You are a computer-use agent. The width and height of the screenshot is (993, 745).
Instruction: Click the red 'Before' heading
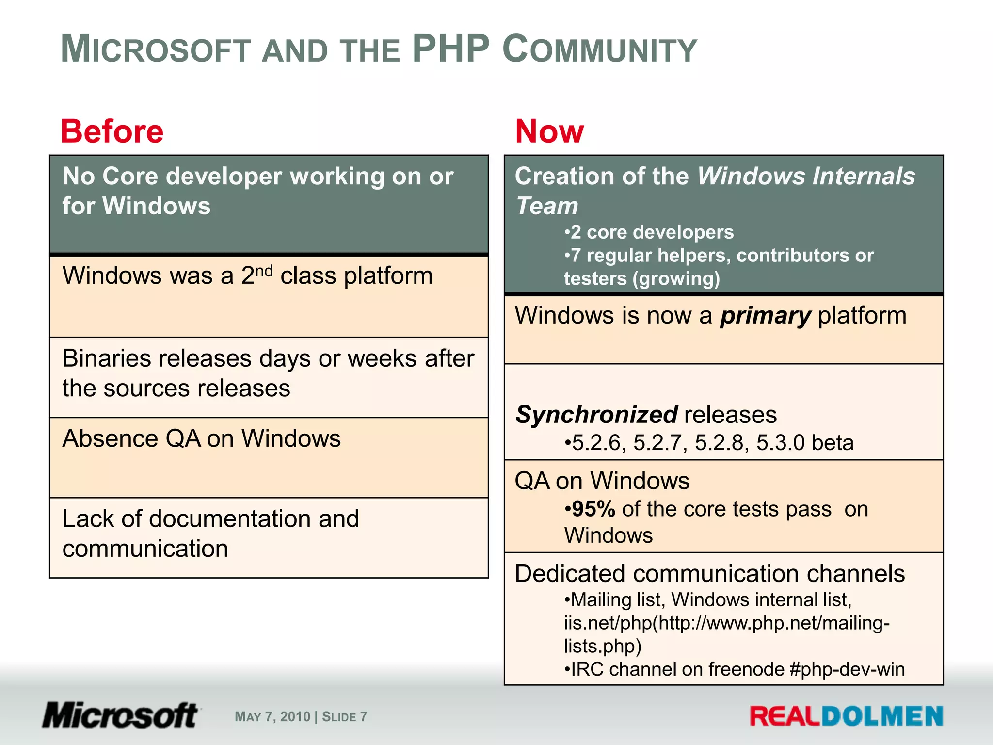click(x=112, y=131)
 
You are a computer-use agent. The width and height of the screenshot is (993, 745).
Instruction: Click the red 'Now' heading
click(x=549, y=131)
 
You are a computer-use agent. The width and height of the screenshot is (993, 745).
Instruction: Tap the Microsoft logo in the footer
click(x=120, y=715)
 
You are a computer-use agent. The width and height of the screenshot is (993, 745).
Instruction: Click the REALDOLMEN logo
click(x=846, y=716)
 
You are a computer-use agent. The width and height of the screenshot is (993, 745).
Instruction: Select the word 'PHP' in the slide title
click(x=450, y=49)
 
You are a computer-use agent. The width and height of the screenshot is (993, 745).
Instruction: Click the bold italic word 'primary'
click(x=765, y=316)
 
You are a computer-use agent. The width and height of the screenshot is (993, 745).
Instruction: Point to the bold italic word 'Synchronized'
click(x=596, y=415)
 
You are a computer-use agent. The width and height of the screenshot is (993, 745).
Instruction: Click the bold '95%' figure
click(x=593, y=509)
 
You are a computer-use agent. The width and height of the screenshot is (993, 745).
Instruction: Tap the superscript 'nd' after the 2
click(x=264, y=270)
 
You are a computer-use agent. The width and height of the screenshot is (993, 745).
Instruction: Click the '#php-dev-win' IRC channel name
click(x=847, y=669)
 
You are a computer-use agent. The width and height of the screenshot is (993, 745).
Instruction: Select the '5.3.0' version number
click(x=780, y=443)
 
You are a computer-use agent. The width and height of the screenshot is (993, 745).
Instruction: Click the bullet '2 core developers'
click(x=650, y=232)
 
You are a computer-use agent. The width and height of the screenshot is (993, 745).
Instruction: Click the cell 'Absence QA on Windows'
click(x=202, y=439)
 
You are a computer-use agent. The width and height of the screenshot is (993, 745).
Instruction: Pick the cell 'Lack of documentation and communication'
click(x=210, y=534)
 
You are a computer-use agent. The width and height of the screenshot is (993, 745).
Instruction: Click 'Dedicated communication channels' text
click(x=709, y=574)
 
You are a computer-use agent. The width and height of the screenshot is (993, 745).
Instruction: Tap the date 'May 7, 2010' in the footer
click(x=272, y=717)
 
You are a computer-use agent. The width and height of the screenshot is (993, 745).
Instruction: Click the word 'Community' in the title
click(x=599, y=50)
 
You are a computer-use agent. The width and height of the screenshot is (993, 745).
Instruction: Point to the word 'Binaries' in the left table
click(x=109, y=359)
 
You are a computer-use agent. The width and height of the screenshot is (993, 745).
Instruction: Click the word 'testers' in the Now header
click(x=595, y=279)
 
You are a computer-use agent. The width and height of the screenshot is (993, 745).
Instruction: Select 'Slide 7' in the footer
click(x=344, y=717)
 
